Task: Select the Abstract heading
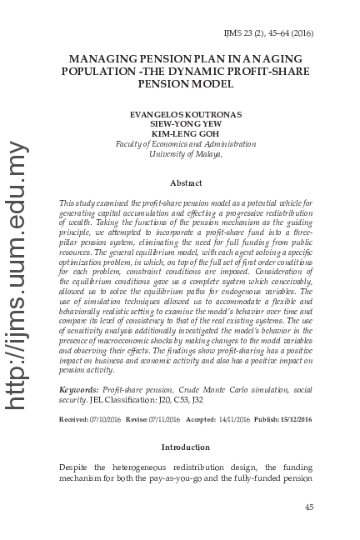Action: coord(185,182)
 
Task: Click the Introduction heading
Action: coord(185,447)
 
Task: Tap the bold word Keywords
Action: coord(80,390)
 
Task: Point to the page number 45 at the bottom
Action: coord(308,507)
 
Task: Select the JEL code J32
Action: coord(196,400)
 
